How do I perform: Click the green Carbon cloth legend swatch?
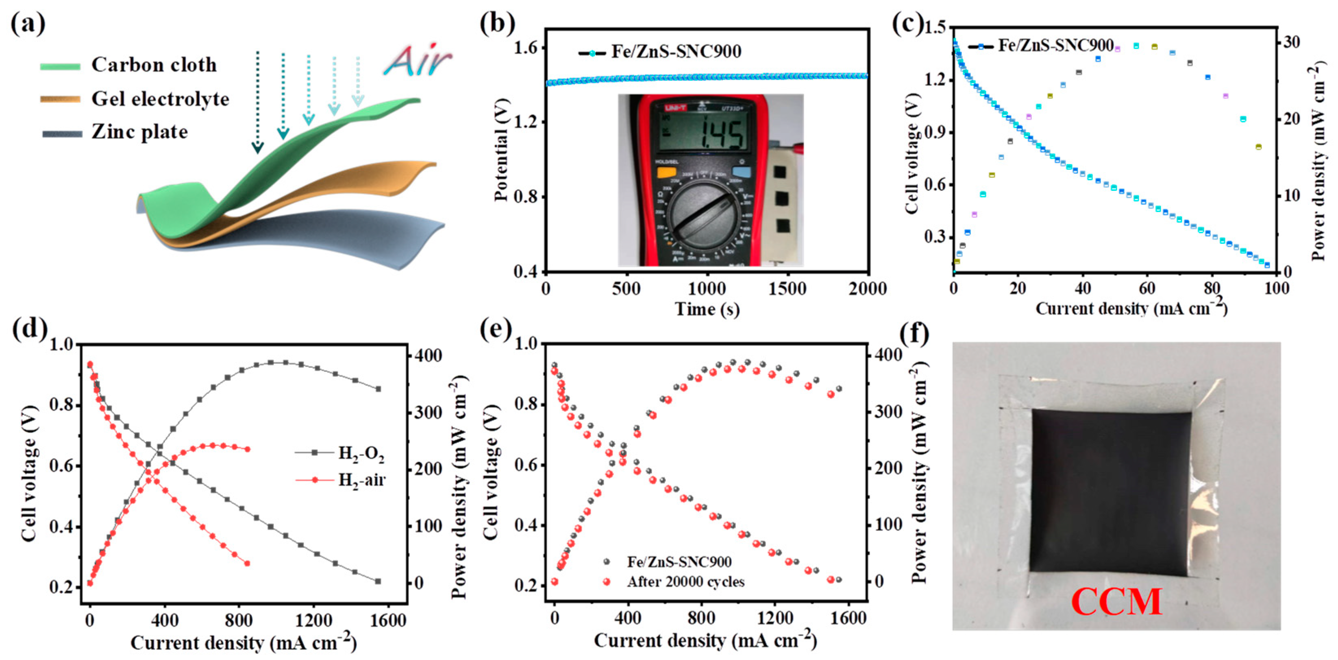(60, 66)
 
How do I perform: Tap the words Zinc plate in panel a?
(139, 132)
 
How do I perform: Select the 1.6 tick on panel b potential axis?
(529, 48)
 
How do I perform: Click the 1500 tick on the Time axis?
(787, 289)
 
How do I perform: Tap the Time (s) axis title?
(707, 310)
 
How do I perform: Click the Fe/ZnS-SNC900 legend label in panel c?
(1055, 46)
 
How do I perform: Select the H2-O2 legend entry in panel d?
(361, 453)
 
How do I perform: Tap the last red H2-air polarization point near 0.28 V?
(247, 563)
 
